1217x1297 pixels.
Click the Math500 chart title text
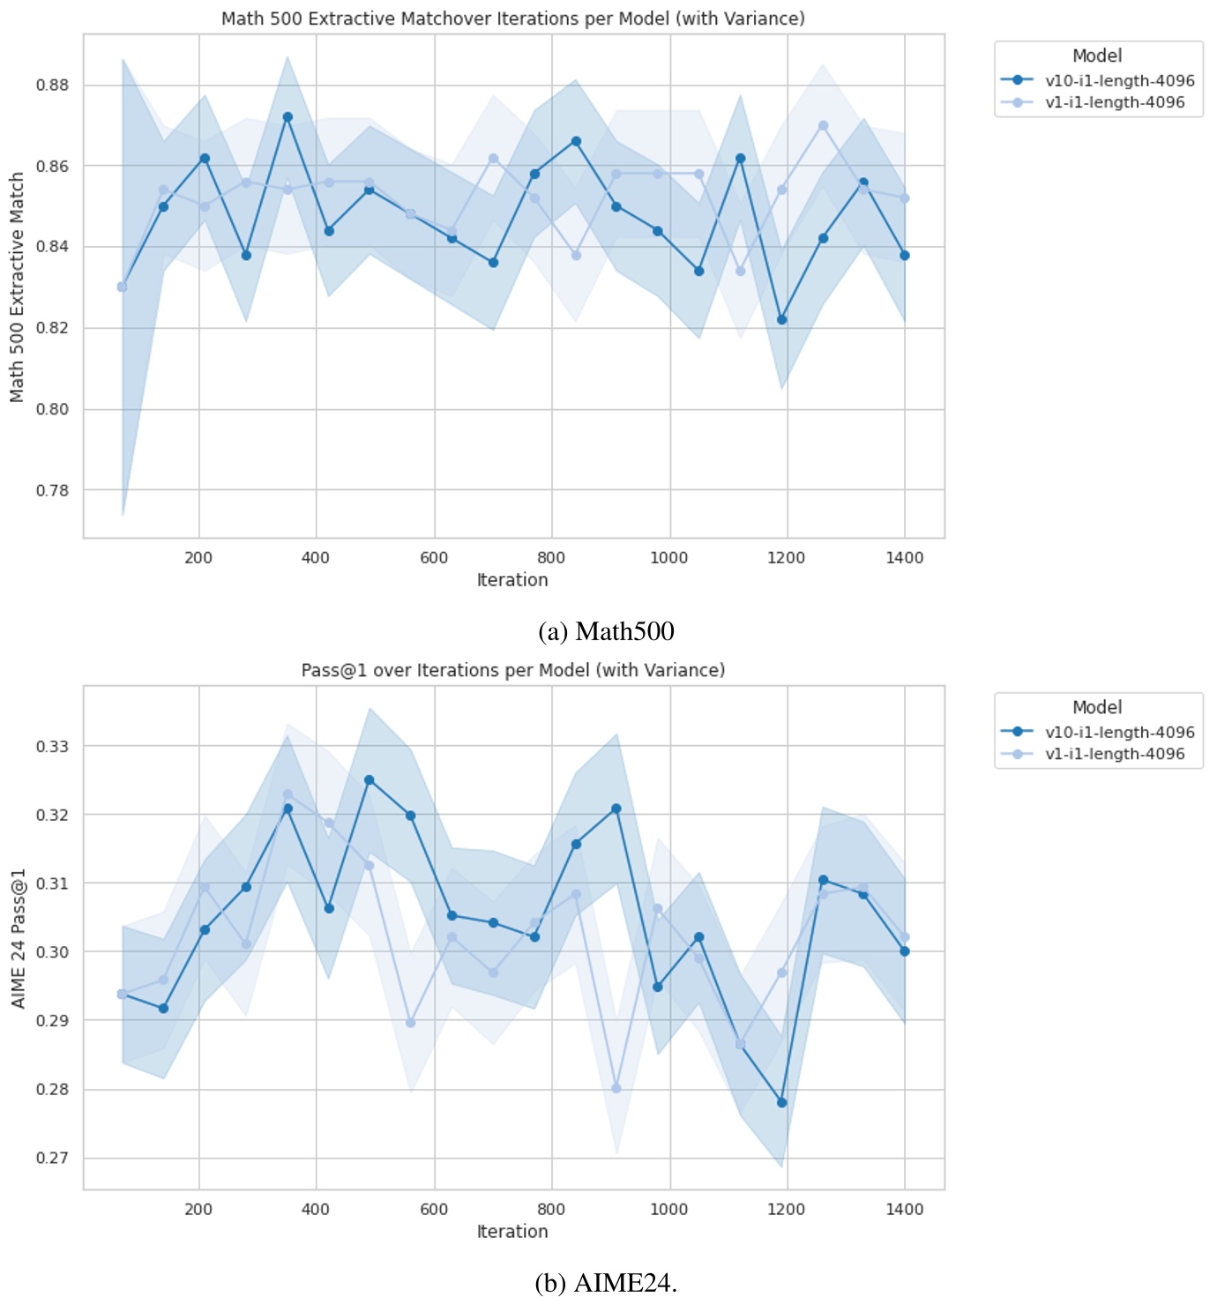click(x=512, y=19)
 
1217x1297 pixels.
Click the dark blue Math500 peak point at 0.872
click(x=287, y=116)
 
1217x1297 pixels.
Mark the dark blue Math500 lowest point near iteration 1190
click(x=781, y=319)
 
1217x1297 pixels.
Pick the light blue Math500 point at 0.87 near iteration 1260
click(x=823, y=125)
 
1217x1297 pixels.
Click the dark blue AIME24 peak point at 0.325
click(x=370, y=779)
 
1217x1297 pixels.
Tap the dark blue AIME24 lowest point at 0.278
click(x=781, y=1102)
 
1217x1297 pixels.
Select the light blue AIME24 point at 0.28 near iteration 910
click(x=616, y=1088)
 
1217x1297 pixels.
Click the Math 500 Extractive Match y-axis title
click(x=17, y=287)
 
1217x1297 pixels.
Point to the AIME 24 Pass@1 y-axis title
click(x=17, y=938)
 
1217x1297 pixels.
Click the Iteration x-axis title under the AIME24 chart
click(x=512, y=1231)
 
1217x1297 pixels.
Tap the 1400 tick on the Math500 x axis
click(x=904, y=557)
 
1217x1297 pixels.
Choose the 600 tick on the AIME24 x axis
click(x=434, y=1209)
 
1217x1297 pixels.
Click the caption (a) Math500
click(x=606, y=631)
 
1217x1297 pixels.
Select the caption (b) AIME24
click(x=606, y=1283)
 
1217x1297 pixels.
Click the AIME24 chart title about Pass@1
click(x=512, y=670)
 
